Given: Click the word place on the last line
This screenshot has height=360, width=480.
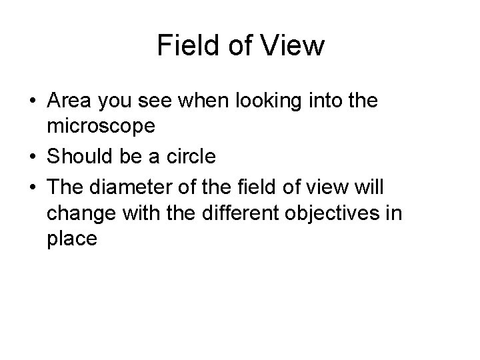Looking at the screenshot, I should pyautogui.click(x=73, y=238).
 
